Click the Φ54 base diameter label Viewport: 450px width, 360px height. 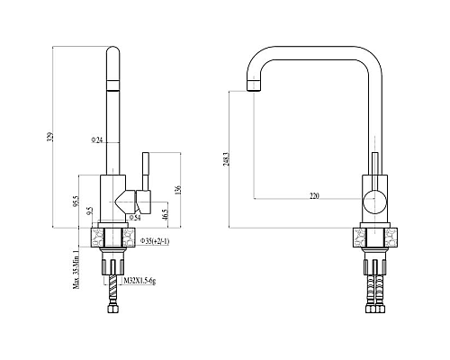135,217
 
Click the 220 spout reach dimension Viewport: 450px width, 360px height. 312,193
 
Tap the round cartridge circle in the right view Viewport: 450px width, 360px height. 373,200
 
